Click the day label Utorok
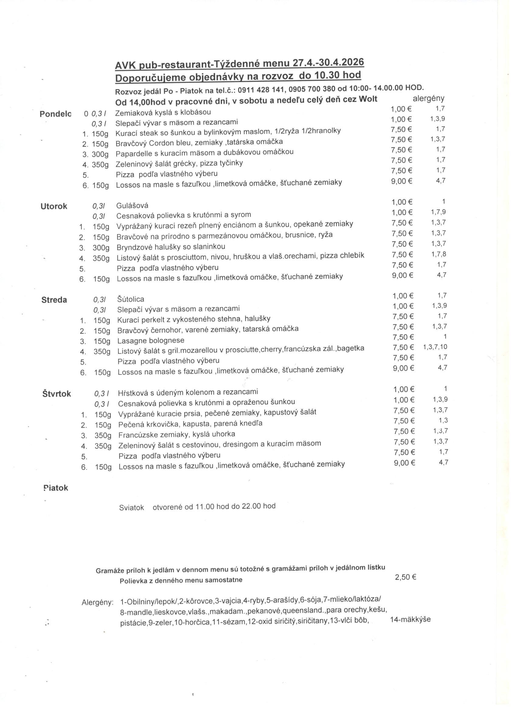coord(54,206)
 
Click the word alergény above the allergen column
coord(428,98)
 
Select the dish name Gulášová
coord(132,206)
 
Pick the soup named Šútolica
coord(130,299)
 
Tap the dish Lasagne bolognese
coord(151,340)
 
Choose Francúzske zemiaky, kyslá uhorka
coord(176,435)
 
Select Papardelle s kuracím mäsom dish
coord(204,152)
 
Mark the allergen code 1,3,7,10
coord(435,347)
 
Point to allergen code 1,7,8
coord(438,254)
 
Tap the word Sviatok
coord(131,507)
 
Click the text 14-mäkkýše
coord(410,619)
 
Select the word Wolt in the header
coord(368,99)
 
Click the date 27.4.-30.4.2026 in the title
coord(328,62)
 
